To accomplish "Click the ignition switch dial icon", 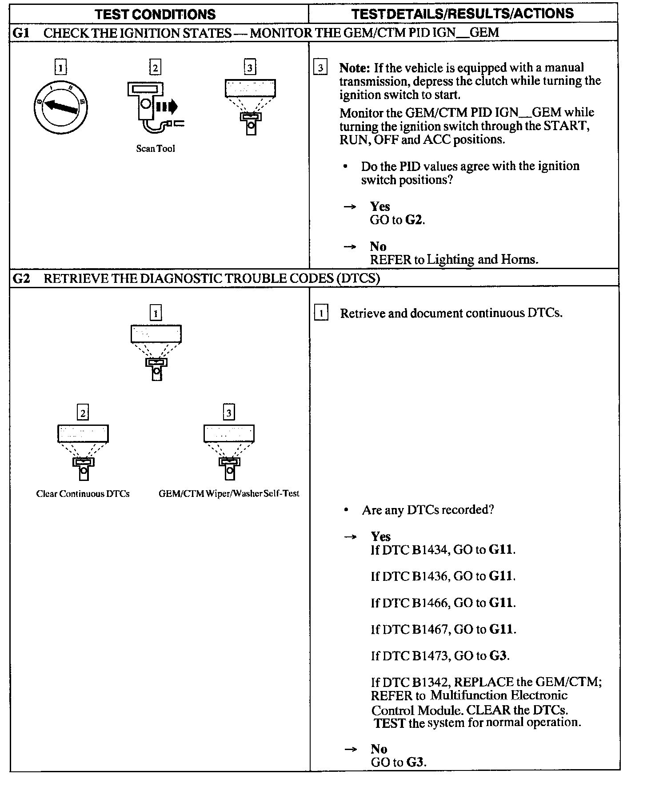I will coord(60,107).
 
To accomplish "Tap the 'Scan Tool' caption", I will coord(156,149).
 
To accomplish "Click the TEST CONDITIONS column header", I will coord(155,14).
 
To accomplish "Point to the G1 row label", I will coord(21,33).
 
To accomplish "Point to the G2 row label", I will coord(21,278).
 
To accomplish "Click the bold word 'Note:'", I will coord(355,68).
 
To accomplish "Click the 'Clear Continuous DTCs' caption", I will coord(83,494).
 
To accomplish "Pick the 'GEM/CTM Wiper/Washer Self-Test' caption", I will coord(229,493).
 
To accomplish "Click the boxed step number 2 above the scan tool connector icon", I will coord(155,67).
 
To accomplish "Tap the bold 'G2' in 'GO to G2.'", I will coord(414,220).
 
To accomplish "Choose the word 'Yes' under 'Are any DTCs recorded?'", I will coord(381,536).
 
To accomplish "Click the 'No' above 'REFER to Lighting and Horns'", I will coord(378,246).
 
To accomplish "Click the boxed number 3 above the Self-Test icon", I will coord(228,413).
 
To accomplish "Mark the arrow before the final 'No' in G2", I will coord(350,750).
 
